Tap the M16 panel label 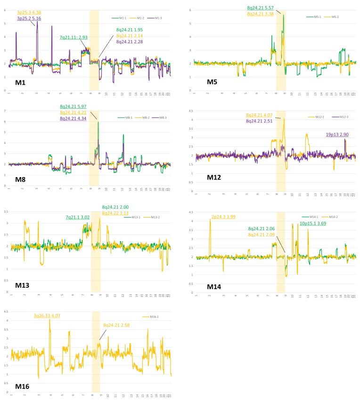click(x=22, y=386)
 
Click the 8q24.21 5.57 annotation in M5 click(x=260, y=8)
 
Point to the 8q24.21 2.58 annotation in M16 click(x=118, y=325)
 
